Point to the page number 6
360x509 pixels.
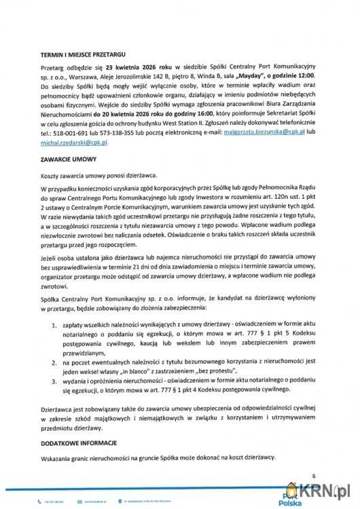pos(314,476)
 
